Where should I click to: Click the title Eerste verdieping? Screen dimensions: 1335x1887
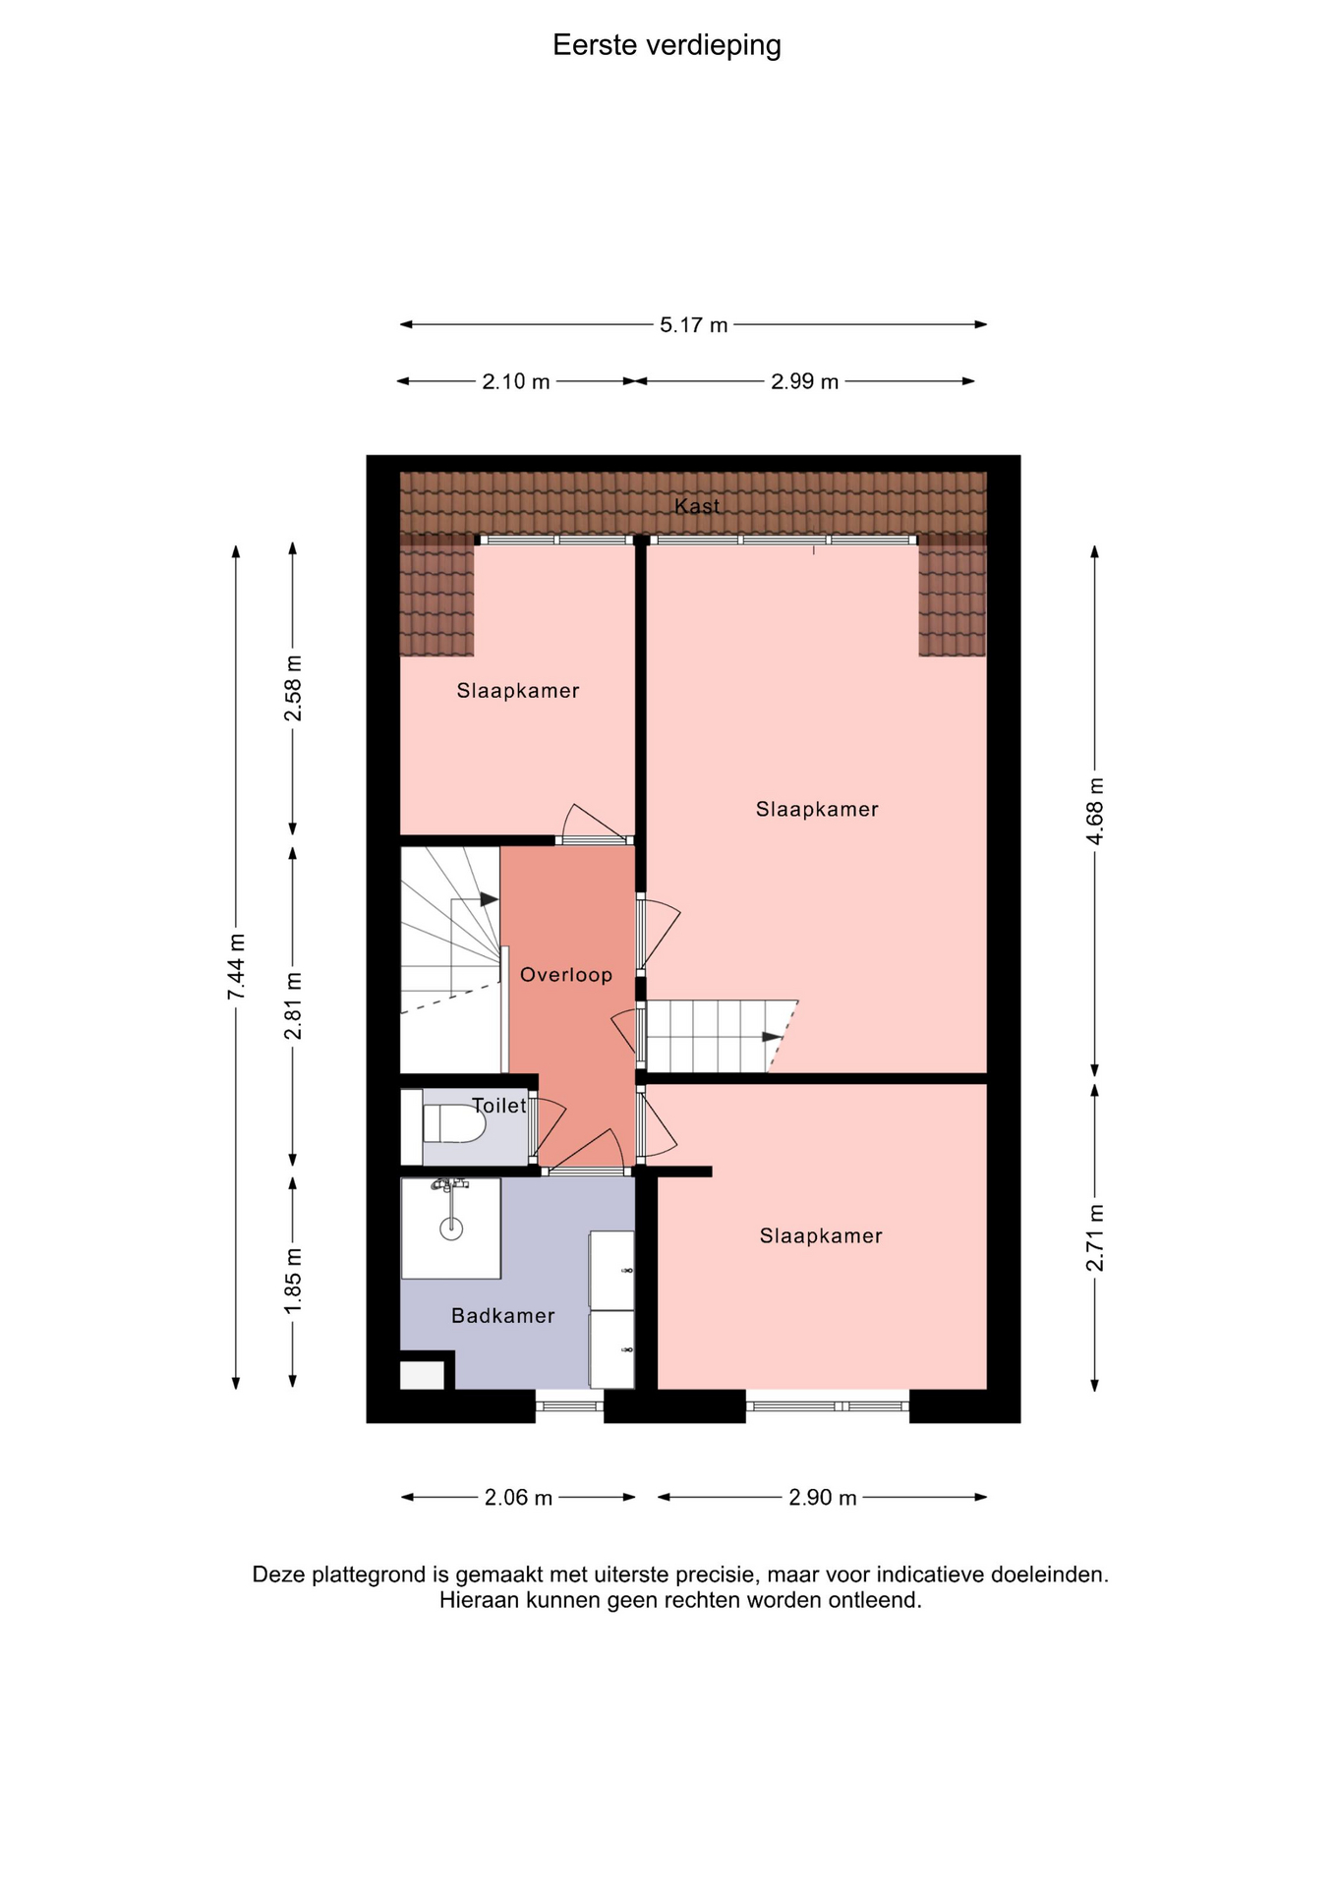pyautogui.click(x=667, y=46)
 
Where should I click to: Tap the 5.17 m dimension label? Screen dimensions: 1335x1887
pyautogui.click(x=694, y=325)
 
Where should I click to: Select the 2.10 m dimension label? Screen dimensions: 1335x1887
pyautogui.click(x=516, y=381)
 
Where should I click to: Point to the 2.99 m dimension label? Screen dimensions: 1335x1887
pyautogui.click(x=805, y=381)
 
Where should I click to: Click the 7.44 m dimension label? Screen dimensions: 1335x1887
pyautogui.click(x=237, y=968)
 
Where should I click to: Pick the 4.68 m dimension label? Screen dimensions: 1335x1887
pyautogui.click(x=1096, y=811)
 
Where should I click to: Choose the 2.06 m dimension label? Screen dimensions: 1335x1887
pyautogui.click(x=518, y=1498)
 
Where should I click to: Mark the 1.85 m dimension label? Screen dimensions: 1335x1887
pyautogui.click(x=293, y=1281)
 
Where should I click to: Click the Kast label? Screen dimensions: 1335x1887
pyautogui.click(x=697, y=506)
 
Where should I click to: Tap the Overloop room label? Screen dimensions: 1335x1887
pyautogui.click(x=566, y=975)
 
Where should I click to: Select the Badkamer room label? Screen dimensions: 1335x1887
pyautogui.click(x=503, y=1316)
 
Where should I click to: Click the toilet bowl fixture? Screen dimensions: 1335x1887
pyautogui.click(x=454, y=1123)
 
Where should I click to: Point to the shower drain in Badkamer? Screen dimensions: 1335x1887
pyautogui.click(x=451, y=1228)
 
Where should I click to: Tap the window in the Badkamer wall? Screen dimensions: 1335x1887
pyautogui.click(x=569, y=1406)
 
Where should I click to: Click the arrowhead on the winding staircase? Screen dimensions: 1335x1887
pyautogui.click(x=489, y=899)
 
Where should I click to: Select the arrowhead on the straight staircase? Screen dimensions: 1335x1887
pyautogui.click(x=773, y=1036)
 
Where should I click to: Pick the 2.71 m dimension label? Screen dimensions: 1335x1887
pyautogui.click(x=1096, y=1237)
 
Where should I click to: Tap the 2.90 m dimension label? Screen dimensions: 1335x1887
pyautogui.click(x=823, y=1498)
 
